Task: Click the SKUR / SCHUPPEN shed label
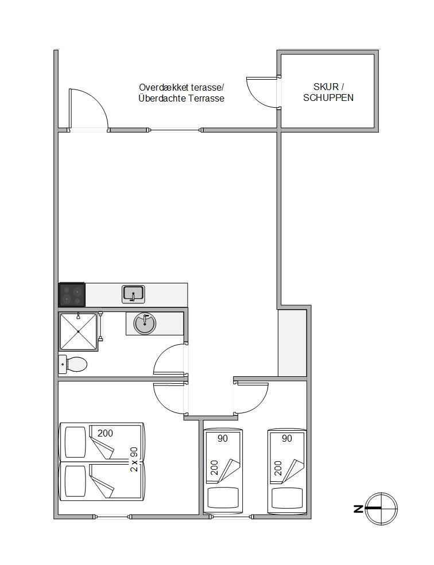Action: (328, 92)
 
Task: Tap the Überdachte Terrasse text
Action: (181, 98)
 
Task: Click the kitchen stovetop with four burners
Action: (72, 294)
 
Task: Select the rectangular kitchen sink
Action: (134, 294)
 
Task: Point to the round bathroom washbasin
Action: (145, 323)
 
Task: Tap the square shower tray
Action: (78, 331)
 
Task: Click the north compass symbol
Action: (381, 509)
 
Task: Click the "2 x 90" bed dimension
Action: (134, 459)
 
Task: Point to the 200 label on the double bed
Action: (105, 433)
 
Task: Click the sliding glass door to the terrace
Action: (175, 130)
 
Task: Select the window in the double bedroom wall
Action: (112, 516)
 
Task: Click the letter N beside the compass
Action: (358, 509)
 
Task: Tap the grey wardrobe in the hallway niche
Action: (292, 342)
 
